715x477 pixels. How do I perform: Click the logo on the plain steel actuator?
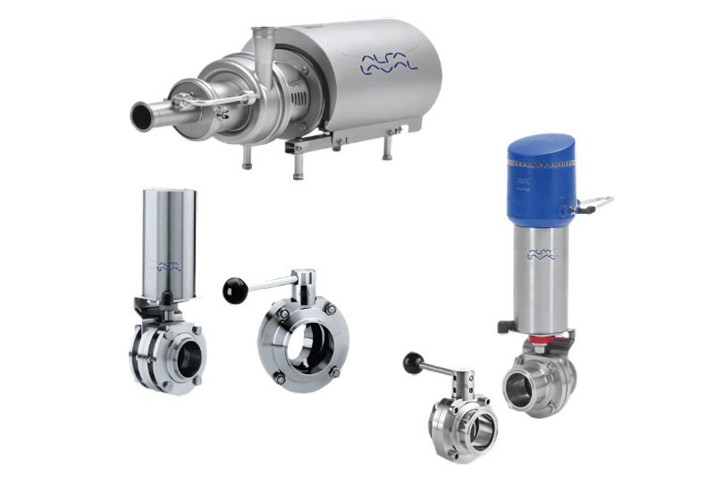tap(171, 265)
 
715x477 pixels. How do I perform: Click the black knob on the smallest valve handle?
tap(411, 362)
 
